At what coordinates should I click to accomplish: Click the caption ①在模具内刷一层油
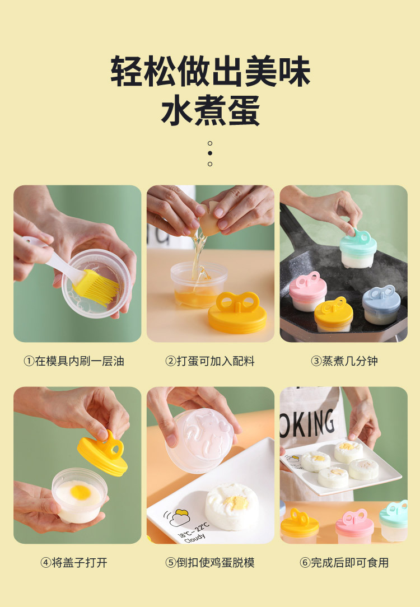point(73,361)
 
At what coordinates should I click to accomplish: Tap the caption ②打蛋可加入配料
point(210,361)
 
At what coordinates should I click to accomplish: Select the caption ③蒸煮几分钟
point(344,361)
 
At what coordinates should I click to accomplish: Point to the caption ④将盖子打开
point(73,563)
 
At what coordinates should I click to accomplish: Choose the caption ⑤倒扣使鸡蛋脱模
point(210,563)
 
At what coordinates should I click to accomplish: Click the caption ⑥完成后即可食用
point(344,563)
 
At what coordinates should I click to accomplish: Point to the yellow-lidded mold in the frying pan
point(334,314)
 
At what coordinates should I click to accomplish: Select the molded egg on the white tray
point(231,506)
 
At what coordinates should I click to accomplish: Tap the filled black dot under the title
point(210,153)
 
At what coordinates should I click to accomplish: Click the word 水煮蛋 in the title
point(210,111)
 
